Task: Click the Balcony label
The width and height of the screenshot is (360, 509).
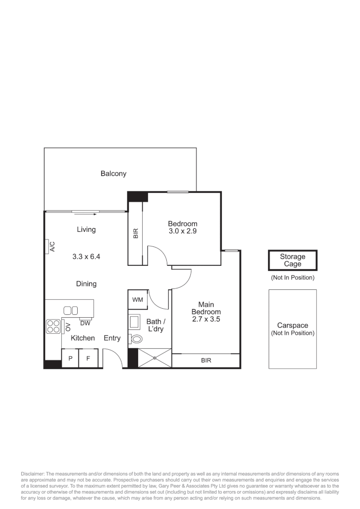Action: (x=114, y=173)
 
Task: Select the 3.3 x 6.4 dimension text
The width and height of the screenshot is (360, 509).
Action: (x=86, y=257)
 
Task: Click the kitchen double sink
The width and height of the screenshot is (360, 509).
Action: (x=71, y=310)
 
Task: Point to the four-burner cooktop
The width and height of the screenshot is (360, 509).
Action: (x=53, y=326)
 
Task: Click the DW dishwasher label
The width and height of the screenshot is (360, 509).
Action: (x=85, y=323)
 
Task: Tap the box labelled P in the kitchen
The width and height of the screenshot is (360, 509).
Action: (x=70, y=359)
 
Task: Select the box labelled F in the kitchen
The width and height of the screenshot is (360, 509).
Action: (x=88, y=359)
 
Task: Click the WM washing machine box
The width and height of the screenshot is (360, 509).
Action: (x=138, y=300)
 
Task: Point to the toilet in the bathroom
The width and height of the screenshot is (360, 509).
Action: (x=136, y=338)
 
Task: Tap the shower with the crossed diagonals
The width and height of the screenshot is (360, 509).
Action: (x=155, y=358)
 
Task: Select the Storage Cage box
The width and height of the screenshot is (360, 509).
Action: (x=293, y=260)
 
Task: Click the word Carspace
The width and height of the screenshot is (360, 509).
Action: (x=293, y=325)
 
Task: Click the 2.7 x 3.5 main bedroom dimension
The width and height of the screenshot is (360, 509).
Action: (x=206, y=319)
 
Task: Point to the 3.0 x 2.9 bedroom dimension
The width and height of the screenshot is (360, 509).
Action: (x=183, y=231)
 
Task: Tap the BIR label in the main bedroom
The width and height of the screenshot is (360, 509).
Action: (x=206, y=361)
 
